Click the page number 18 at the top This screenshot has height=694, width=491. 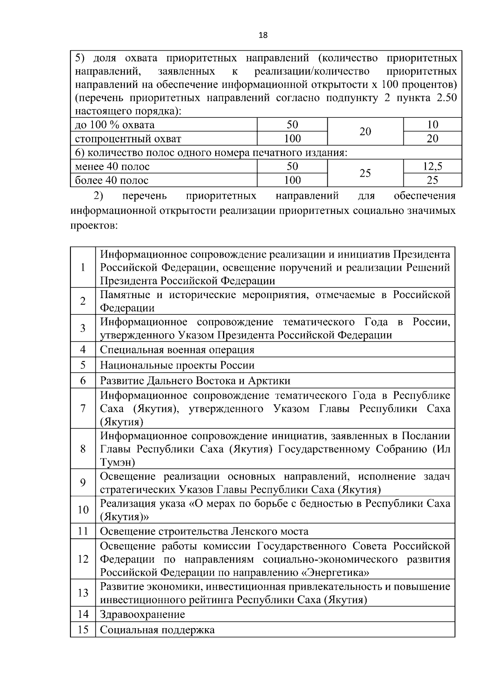tap(263, 35)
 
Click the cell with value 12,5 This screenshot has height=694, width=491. tap(432, 166)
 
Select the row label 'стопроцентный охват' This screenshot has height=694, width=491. tap(128, 139)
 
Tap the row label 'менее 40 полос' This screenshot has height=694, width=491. tap(113, 166)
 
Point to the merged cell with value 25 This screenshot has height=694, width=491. tap(365, 173)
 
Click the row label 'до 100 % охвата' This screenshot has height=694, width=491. tap(115, 125)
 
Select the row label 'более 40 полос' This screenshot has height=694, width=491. tap(112, 180)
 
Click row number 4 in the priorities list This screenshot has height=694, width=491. tap(83, 350)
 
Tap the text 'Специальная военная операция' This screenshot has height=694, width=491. tap(177, 350)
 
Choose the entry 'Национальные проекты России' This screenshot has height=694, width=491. tap(177, 365)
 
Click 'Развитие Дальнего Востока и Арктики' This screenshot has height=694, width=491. tap(195, 381)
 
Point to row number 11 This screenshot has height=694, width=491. tap(83, 531)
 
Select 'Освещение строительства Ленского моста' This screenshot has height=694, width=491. tap(204, 531)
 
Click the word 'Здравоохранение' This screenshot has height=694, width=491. tap(142, 614)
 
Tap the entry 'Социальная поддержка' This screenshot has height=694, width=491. tap(158, 630)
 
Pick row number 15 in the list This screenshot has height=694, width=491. tap(83, 630)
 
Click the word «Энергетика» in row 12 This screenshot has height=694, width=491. tap(335, 572)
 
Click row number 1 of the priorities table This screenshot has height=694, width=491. tap(83, 267)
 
